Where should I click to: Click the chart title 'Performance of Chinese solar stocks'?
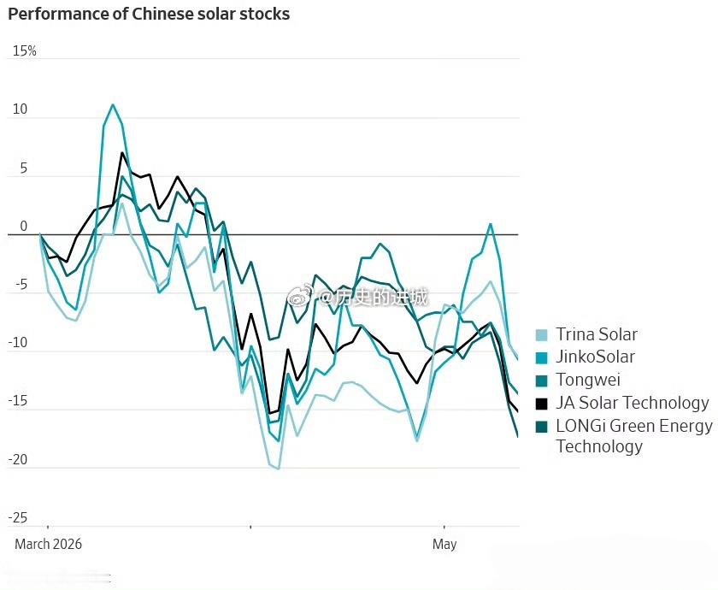[149, 15]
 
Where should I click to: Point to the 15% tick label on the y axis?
[25, 50]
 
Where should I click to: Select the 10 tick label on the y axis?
[21, 109]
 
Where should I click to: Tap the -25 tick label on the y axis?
[18, 518]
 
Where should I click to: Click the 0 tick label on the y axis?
[24, 227]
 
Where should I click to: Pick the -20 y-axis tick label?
[18, 459]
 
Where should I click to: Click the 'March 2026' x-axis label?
[49, 544]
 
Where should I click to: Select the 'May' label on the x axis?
[444, 545]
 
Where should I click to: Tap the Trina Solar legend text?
[597, 334]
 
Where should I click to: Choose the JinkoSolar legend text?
[595, 357]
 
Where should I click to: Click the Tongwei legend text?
[588, 380]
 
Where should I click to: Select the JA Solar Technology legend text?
[633, 403]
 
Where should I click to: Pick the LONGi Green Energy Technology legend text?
[634, 435]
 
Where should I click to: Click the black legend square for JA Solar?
[541, 404]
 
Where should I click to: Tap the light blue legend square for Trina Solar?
[541, 335]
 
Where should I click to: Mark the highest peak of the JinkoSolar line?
[113, 105]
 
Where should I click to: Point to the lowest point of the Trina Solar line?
[279, 469]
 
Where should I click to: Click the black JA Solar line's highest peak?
[121, 152]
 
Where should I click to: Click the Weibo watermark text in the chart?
[357, 298]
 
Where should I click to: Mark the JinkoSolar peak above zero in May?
[491, 224]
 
